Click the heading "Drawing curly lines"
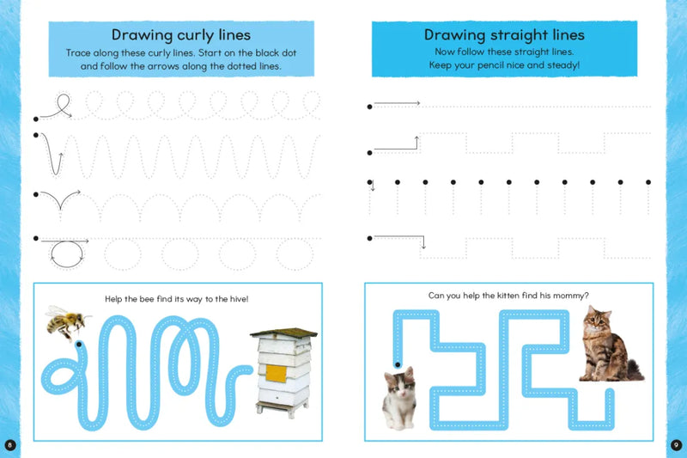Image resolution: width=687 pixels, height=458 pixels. tap(180, 35)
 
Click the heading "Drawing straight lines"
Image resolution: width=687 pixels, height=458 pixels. tap(504, 35)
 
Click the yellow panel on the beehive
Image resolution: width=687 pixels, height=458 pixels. tap(275, 373)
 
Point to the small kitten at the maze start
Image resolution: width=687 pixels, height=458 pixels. tap(398, 396)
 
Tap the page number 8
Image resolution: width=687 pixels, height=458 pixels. tap(9, 444)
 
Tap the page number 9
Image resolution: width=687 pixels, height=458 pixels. tap(676, 444)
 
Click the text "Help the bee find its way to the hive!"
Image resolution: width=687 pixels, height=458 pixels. tap(180, 298)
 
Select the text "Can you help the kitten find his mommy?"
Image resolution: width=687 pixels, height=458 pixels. tap(508, 296)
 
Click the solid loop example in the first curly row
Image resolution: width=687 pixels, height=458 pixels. tap(57, 107)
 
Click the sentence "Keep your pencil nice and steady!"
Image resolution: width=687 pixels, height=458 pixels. tap(504, 65)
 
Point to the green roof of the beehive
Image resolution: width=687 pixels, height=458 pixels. tap(283, 333)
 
